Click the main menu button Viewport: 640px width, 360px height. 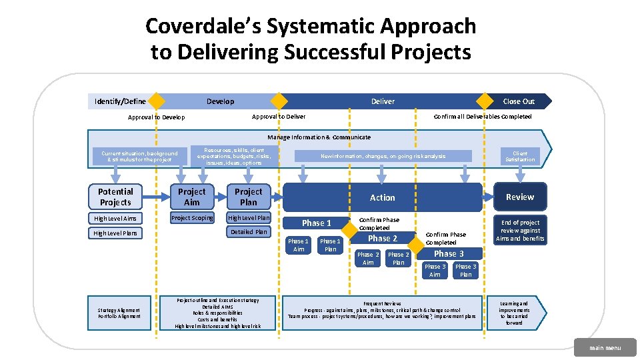click(x=604, y=347)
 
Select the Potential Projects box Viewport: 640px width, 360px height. click(x=116, y=197)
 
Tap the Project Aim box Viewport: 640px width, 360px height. click(x=192, y=197)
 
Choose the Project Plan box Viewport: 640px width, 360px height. click(x=248, y=197)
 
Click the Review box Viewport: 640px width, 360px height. click(x=519, y=197)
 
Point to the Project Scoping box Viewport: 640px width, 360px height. click(x=192, y=218)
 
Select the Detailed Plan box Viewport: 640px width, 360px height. click(x=248, y=232)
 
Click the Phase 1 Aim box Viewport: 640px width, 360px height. click(x=298, y=245)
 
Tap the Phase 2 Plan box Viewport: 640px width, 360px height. click(x=399, y=259)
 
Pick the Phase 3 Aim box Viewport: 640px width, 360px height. click(x=435, y=271)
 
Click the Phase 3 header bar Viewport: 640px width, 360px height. click(x=449, y=253)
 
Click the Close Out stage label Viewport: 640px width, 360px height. click(x=519, y=101)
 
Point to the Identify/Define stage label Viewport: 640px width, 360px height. click(x=120, y=101)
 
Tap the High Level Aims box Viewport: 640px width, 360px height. click(x=116, y=219)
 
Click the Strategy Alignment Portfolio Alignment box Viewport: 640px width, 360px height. click(x=119, y=313)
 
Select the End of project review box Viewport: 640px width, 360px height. click(x=520, y=230)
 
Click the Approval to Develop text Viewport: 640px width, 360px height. click(x=156, y=117)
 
